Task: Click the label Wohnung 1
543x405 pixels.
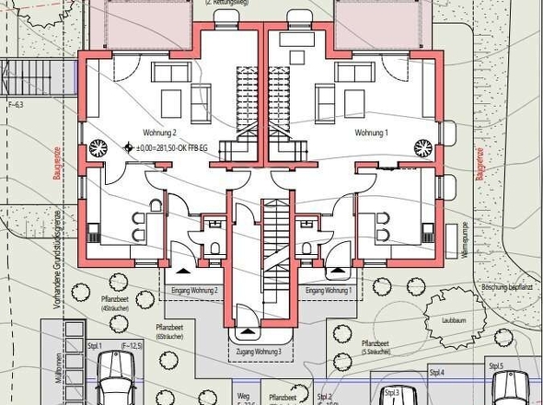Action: pos(372,133)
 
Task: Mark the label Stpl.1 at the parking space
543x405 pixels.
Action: pos(97,345)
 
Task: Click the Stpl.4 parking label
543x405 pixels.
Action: pos(436,372)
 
